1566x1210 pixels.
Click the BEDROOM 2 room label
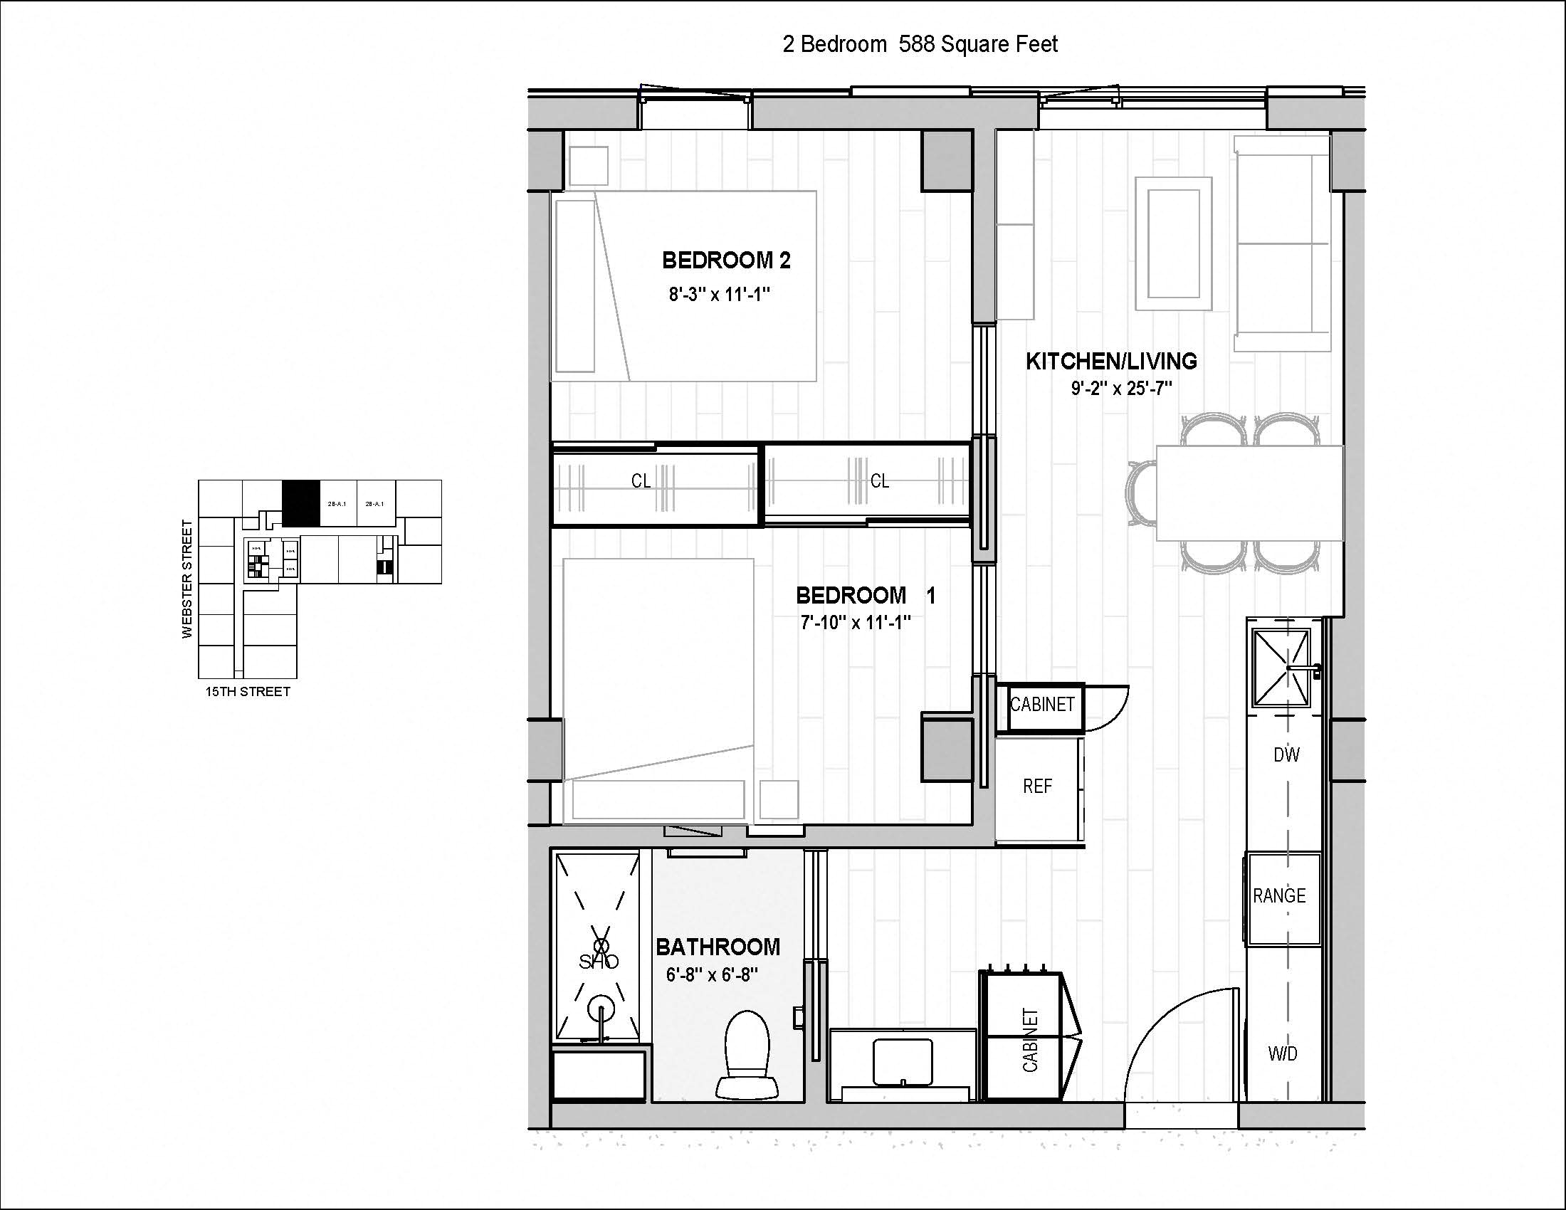pyautogui.click(x=725, y=261)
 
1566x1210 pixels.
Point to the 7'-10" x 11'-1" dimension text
pyautogui.click(x=856, y=622)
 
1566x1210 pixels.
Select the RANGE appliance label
pyautogui.click(x=1279, y=895)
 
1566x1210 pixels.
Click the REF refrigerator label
pyautogui.click(x=1037, y=786)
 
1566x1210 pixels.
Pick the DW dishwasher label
pyautogui.click(x=1286, y=754)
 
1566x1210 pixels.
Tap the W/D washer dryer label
pyautogui.click(x=1283, y=1053)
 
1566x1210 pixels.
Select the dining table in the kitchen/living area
pyautogui.click(x=1249, y=493)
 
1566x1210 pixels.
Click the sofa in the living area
pyautogui.click(x=1281, y=243)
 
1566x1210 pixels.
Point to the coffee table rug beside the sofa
pyautogui.click(x=1173, y=243)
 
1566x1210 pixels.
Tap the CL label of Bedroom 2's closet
pyautogui.click(x=641, y=481)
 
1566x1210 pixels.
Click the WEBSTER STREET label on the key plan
pyautogui.click(x=188, y=579)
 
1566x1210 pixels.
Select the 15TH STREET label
pyautogui.click(x=248, y=692)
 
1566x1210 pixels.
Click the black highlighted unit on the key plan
pyautogui.click(x=300, y=503)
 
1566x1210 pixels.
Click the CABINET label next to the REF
pyautogui.click(x=1042, y=705)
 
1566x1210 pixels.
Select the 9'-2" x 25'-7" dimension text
pyautogui.click(x=1121, y=389)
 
